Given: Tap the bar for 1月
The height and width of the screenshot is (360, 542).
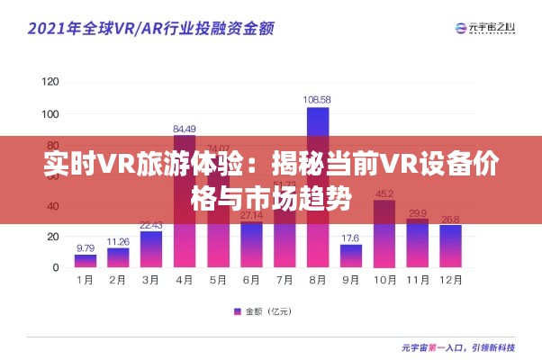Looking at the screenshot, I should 86,261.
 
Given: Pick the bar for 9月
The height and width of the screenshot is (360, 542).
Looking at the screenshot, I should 351,256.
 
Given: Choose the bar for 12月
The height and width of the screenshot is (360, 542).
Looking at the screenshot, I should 450,246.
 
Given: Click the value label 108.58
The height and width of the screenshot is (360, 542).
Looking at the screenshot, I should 317,99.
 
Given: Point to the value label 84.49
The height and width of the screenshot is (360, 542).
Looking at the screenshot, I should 185,128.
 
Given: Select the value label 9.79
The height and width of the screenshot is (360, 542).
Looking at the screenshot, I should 86,247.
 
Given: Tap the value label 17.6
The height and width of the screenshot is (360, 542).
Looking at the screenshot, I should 351,237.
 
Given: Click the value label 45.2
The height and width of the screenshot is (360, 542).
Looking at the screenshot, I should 384,193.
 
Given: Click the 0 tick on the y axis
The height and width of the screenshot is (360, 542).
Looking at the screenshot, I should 56,267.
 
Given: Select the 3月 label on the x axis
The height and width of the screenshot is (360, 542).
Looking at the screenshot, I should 151,281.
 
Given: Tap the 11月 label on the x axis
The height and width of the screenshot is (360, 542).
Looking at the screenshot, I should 417,281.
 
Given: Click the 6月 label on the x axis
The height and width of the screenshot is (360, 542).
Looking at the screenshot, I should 251,281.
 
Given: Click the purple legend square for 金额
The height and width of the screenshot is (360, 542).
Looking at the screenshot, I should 238,311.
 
